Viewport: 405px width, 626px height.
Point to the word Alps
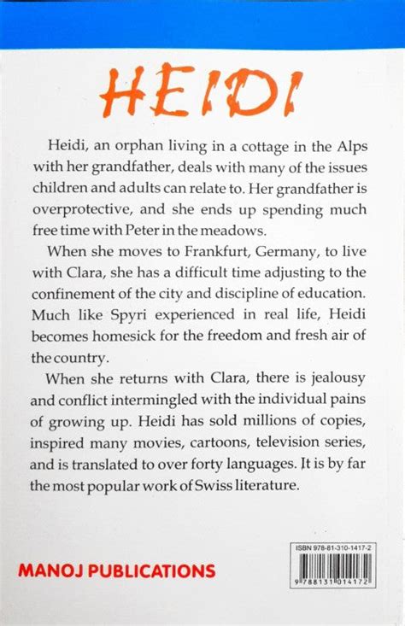[361, 146]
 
